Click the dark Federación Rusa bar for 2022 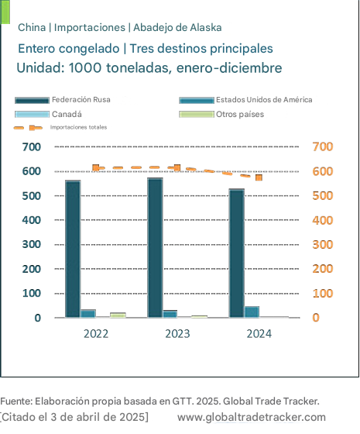point(73,249)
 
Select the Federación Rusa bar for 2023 point(155,247)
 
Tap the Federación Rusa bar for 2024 point(237,253)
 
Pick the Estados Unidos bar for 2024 point(252,312)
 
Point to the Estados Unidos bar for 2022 point(88,313)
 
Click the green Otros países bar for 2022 point(118,315)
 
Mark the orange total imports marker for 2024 point(259,177)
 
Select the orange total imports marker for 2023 point(177,167)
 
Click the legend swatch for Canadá point(32,115)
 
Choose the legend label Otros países point(240,115)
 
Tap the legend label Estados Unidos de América point(264,100)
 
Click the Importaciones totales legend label point(78,127)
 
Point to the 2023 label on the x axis point(177,334)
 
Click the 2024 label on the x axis point(259,334)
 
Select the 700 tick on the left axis point(32,147)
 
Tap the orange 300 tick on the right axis point(323,245)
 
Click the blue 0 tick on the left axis point(38,318)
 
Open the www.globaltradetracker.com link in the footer point(252,417)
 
